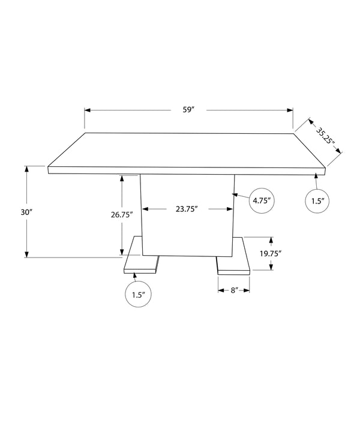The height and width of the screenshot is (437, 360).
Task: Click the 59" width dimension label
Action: coord(188,109)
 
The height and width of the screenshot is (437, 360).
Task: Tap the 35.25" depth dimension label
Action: coord(325,136)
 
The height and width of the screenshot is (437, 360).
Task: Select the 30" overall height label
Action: coord(26,212)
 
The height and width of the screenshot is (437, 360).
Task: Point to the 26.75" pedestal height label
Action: coord(121,215)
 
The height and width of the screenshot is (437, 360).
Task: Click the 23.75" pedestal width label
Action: coord(187,209)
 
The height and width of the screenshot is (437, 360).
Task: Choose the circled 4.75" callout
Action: coord(262,200)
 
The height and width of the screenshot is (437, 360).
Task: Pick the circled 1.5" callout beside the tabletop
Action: coord(317,201)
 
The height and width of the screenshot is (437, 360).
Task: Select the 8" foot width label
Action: coord(233,291)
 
